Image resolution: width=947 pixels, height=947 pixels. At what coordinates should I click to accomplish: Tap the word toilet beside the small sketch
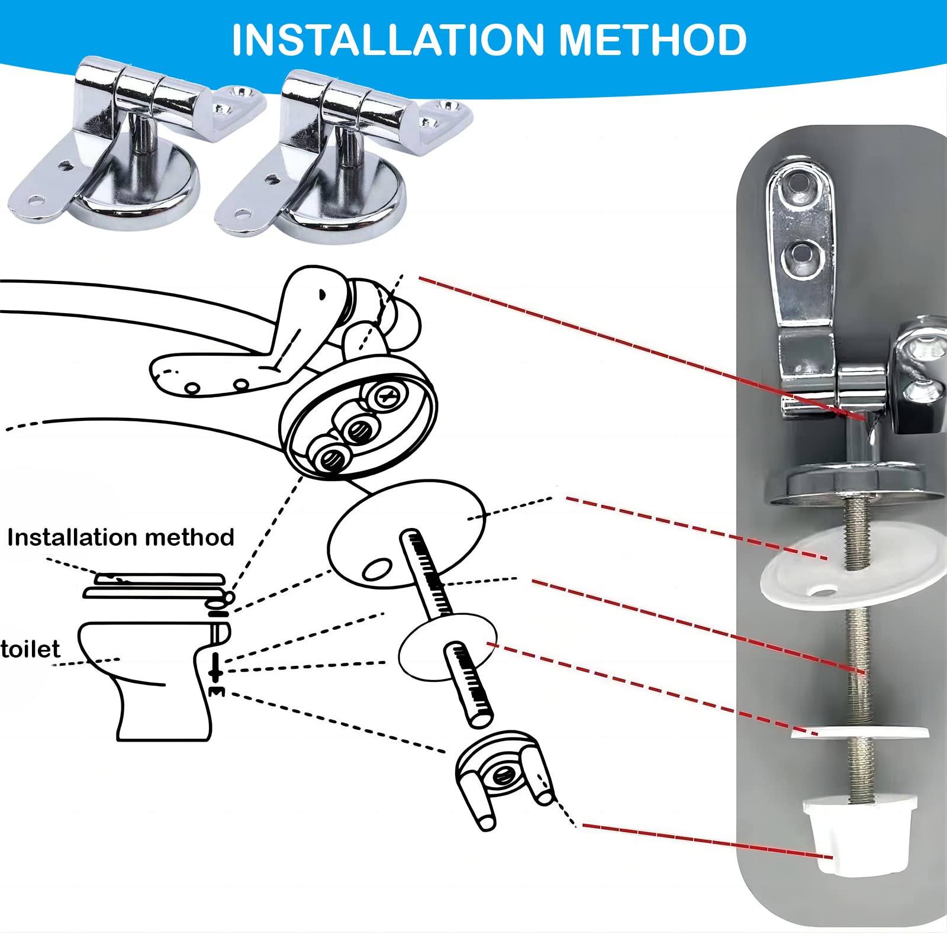(30, 649)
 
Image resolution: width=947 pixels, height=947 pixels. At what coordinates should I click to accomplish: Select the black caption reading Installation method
(121, 537)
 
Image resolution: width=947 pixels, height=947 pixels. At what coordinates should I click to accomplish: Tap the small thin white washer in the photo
(859, 733)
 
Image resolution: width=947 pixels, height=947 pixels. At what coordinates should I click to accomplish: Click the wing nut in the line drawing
(503, 775)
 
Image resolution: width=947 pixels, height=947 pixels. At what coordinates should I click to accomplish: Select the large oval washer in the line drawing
(406, 534)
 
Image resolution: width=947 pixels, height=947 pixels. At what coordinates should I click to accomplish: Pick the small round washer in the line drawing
(447, 647)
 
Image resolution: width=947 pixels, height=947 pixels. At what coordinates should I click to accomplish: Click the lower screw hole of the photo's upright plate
(803, 258)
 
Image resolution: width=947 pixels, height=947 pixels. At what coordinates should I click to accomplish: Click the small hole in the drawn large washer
(377, 569)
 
